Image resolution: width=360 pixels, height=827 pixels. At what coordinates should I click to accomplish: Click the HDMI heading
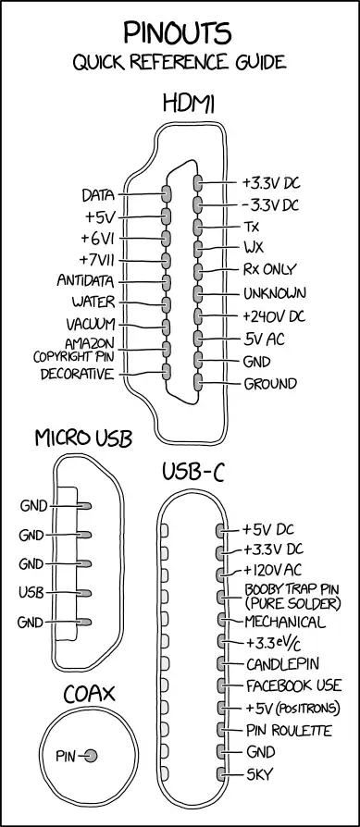coord(188,102)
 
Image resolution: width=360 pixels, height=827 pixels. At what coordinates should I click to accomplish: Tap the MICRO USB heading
coord(83,437)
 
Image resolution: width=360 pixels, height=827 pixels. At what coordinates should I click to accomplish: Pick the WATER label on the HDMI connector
coord(93,302)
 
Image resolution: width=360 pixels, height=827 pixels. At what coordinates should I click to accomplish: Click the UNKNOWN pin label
coord(275,294)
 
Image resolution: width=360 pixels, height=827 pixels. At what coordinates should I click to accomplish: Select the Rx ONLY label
coord(269,270)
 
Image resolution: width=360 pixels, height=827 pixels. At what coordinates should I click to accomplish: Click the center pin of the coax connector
coord(91,757)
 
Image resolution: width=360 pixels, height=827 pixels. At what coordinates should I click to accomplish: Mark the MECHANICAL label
coord(284,621)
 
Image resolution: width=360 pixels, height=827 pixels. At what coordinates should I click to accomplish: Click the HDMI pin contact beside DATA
coord(167,193)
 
